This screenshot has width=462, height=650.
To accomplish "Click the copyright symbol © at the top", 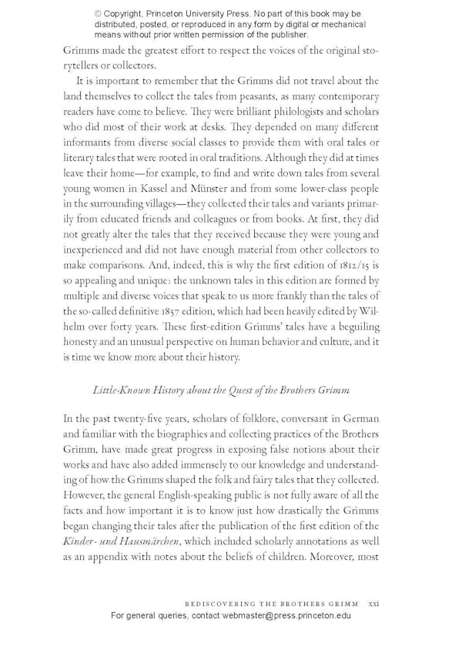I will click(x=98, y=14).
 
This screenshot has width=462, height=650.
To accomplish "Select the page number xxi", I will click(x=374, y=604).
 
